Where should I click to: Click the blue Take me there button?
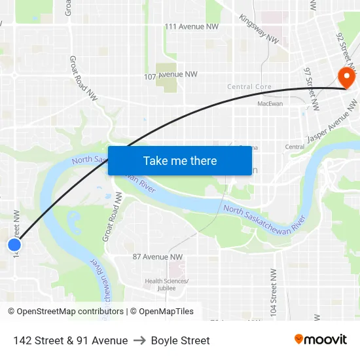pyautogui.click(x=180, y=160)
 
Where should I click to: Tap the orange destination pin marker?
pyautogui.click(x=344, y=78)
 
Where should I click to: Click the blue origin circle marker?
pyautogui.click(x=14, y=245)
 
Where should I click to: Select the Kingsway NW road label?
pyautogui.click(x=259, y=29)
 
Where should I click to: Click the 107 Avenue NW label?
pyautogui.click(x=171, y=75)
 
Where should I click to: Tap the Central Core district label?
pyautogui.click(x=249, y=87)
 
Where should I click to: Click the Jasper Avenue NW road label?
pyautogui.click(x=333, y=122)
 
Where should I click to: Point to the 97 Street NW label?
pyautogui.click(x=312, y=88)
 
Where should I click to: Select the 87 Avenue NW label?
pyautogui.click(x=158, y=257)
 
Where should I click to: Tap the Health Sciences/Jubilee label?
pyautogui.click(x=167, y=285)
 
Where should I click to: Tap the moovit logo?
pyautogui.click(x=321, y=339)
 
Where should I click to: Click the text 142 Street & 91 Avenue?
pyautogui.click(x=70, y=340)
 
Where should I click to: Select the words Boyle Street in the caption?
pyautogui.click(x=180, y=340)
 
